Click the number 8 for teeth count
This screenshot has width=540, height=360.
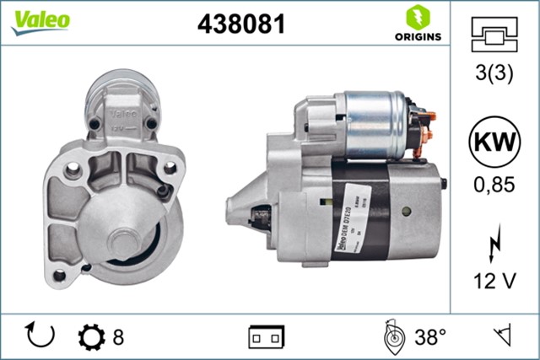118,337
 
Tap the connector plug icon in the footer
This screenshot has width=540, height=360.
266,337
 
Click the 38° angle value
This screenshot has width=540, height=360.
429,337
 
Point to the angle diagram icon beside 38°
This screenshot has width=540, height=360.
393,336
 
